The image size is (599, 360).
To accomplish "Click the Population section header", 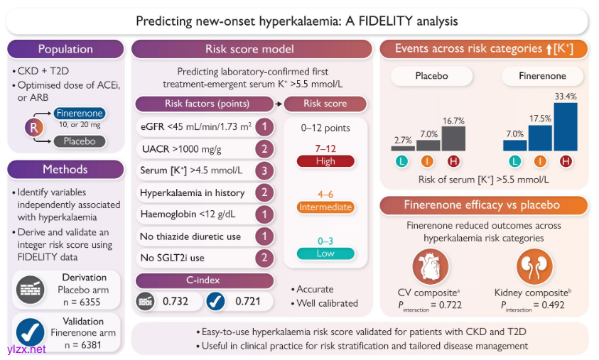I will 65,49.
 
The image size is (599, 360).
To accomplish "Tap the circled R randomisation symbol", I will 33,127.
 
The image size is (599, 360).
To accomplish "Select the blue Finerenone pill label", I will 79,114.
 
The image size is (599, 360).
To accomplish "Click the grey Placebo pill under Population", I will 79,141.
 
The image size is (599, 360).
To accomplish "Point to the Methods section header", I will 65,170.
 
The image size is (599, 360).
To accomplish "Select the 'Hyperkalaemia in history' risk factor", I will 193,193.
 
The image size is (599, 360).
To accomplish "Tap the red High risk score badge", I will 325,161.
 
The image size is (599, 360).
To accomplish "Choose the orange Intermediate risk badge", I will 325,207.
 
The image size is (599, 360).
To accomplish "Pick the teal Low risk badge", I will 325,253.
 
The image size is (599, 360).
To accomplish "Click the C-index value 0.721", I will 249,301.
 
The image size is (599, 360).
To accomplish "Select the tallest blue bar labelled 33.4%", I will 566,126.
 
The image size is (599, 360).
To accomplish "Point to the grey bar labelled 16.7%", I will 453,138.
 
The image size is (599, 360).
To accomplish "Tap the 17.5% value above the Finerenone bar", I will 539,117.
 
